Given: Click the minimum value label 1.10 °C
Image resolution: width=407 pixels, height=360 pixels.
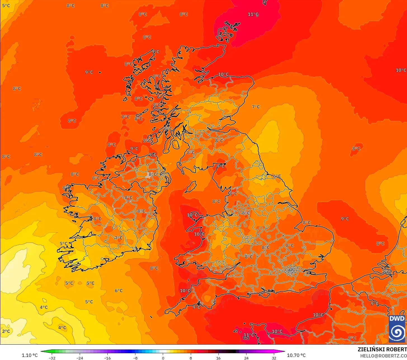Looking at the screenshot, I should tap(30, 355).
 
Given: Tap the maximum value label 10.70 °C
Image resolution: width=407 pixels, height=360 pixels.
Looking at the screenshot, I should tap(296, 355).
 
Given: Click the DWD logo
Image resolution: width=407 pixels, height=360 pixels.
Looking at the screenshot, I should tap(397, 329).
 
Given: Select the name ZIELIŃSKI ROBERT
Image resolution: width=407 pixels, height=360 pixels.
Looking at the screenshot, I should tap(382, 349).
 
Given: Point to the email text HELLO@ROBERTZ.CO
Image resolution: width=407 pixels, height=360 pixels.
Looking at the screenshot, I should tap(383, 356).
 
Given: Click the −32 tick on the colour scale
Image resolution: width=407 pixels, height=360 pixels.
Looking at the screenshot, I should tap(52, 358).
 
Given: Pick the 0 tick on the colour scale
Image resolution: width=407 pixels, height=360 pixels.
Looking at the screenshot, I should tap(163, 358).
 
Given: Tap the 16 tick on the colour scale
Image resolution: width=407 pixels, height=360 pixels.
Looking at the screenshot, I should tap(218, 358).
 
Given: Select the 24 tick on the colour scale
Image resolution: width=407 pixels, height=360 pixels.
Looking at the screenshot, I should tap(246, 358).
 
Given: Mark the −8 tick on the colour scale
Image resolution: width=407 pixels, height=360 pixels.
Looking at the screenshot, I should tap(135, 358).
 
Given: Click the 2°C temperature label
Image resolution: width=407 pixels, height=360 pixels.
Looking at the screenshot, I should tap(6, 331).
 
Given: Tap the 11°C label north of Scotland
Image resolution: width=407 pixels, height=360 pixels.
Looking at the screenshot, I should tap(253, 14).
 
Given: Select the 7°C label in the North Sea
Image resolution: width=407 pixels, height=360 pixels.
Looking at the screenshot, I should tap(256, 107).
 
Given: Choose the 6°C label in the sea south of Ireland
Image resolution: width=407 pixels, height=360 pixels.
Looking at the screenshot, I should tap(119, 291).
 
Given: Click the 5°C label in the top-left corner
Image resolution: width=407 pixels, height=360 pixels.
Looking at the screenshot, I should tap(6, 5).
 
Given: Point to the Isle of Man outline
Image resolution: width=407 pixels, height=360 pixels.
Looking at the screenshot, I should tap(191, 187).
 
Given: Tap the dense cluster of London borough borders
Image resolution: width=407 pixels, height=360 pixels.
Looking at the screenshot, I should tap(291, 270).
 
